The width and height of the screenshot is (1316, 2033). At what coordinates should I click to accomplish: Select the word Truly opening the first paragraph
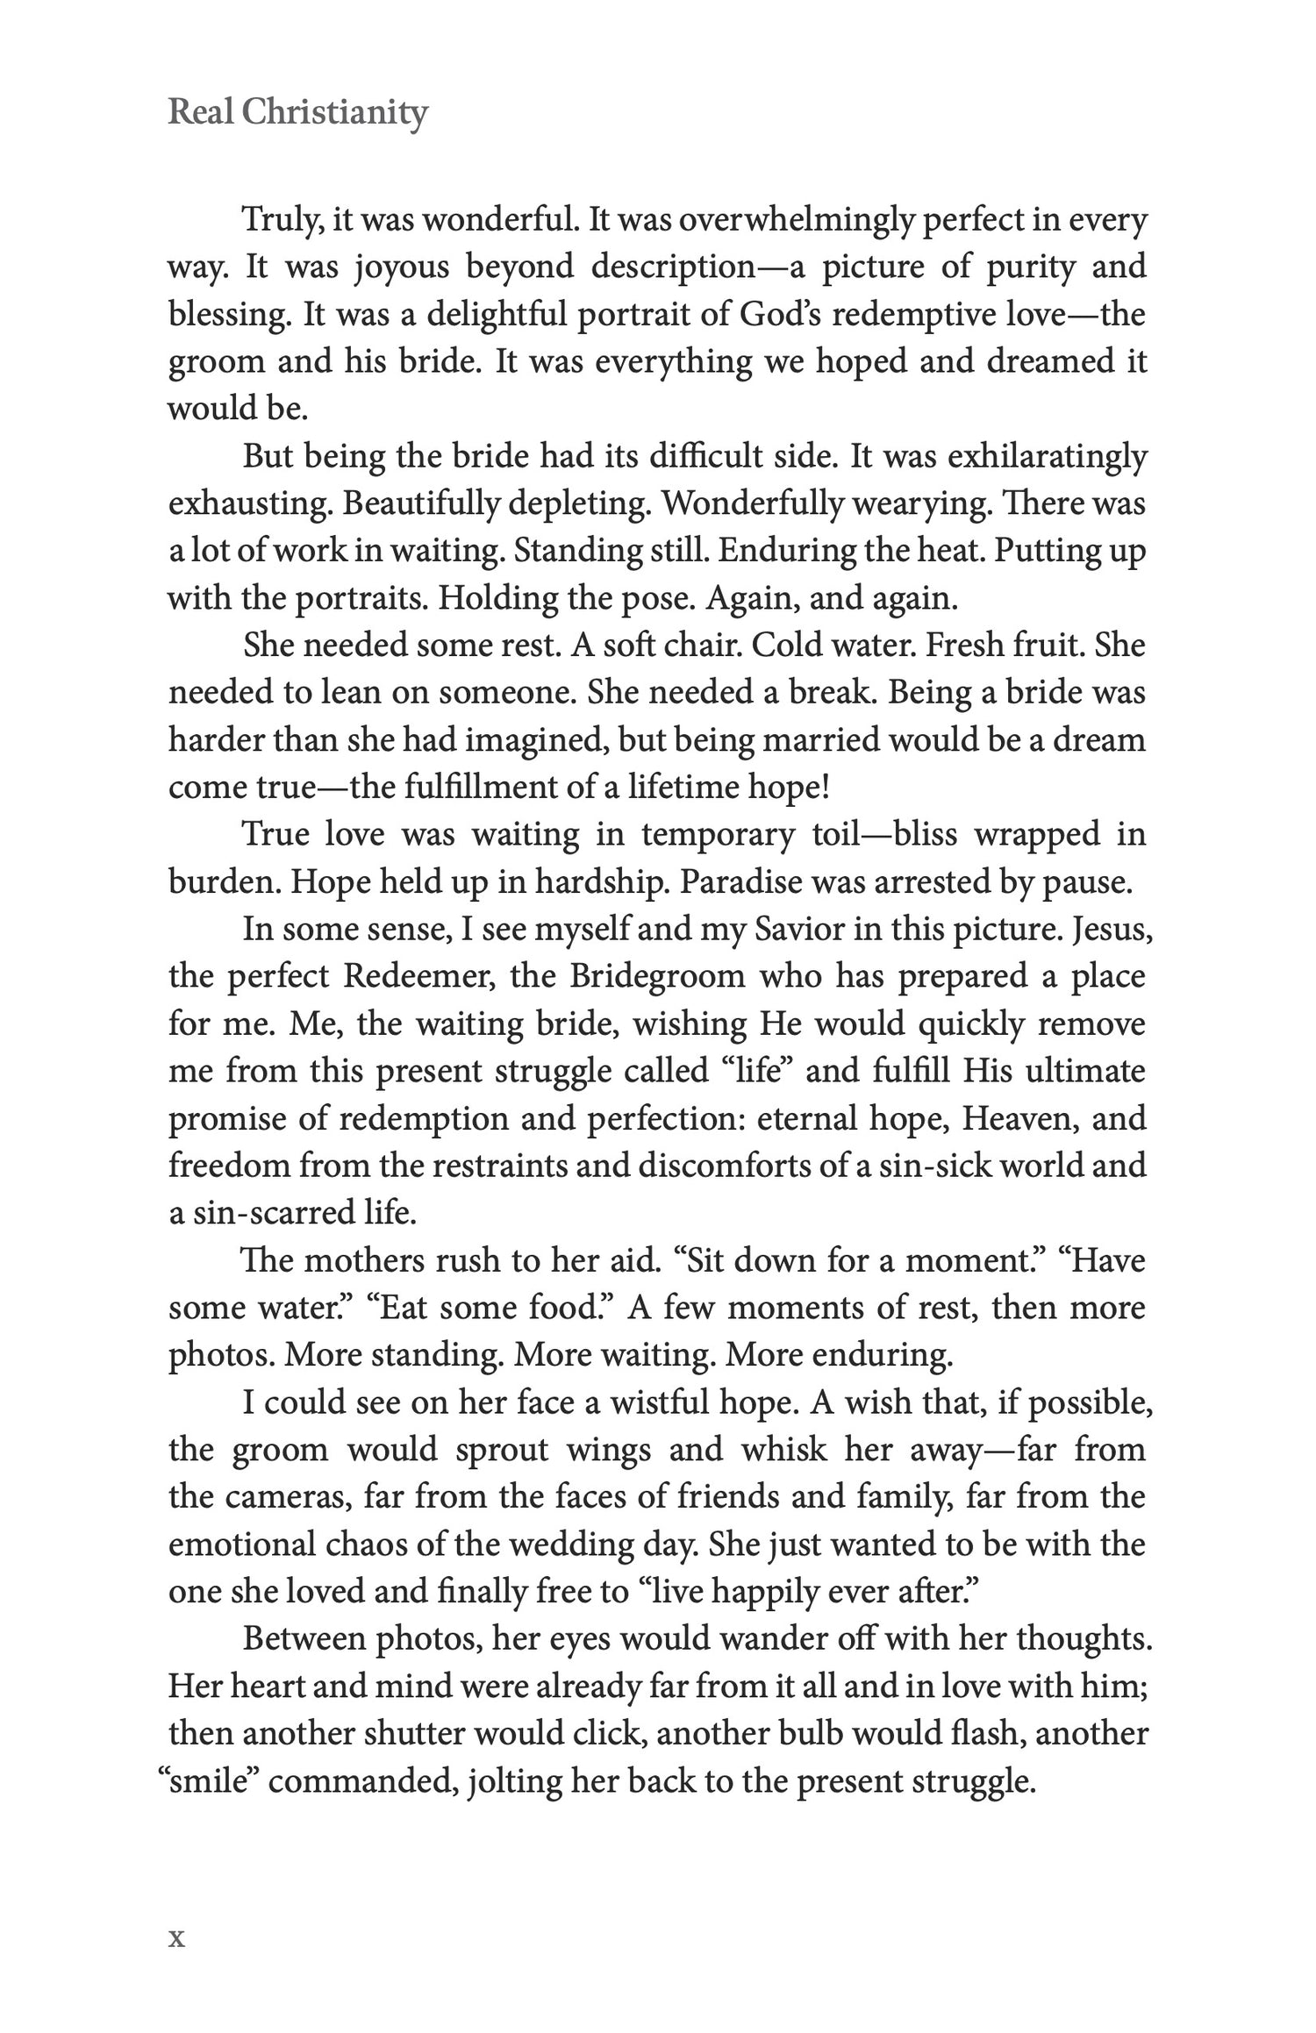(275, 219)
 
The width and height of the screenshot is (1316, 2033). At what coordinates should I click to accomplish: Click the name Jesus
(1112, 929)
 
